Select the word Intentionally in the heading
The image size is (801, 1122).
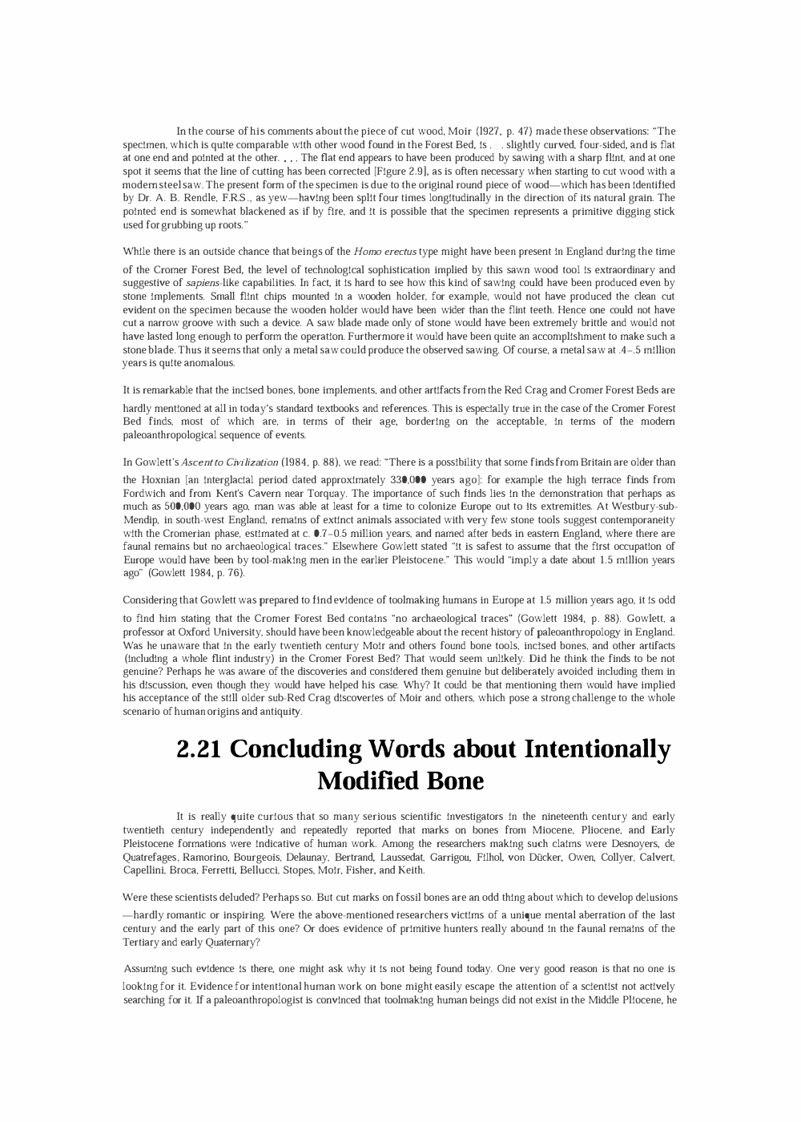pos(597,749)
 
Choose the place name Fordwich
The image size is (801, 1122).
pos(144,494)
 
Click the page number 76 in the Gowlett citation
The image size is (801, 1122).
pos(235,573)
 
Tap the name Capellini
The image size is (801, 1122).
pos(143,871)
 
